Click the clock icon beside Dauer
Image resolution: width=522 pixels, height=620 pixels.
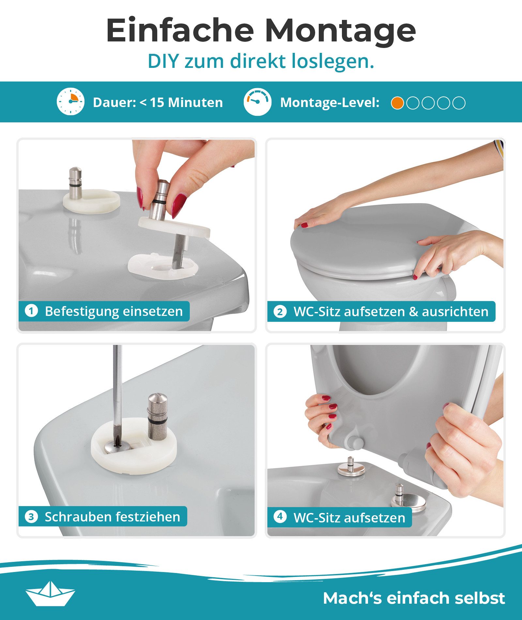(70, 101)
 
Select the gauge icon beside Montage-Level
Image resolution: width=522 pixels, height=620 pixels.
(257, 101)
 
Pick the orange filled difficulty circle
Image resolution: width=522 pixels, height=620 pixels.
(397, 103)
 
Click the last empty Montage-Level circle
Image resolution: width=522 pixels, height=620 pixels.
(459, 103)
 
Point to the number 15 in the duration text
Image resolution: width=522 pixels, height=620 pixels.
(157, 102)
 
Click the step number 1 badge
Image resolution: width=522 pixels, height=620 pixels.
(31, 311)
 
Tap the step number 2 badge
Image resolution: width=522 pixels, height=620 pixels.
(280, 312)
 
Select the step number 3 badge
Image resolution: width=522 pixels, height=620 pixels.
(31, 517)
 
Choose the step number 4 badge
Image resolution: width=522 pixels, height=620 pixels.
(280, 517)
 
